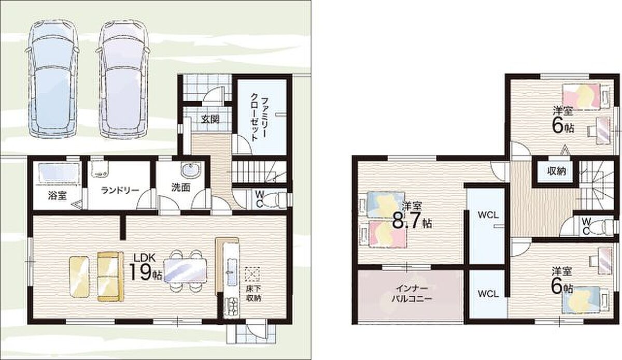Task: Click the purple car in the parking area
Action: (x=123, y=79)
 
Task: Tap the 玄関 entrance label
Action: (x=210, y=119)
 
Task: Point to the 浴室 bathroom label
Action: (x=57, y=196)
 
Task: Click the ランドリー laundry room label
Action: (x=120, y=190)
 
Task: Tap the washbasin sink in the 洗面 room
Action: (x=191, y=170)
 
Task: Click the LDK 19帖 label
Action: (x=145, y=267)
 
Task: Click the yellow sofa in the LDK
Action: (x=111, y=276)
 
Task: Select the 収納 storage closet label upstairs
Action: (x=557, y=171)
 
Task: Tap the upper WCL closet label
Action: (x=488, y=215)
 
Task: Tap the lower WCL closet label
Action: (x=488, y=294)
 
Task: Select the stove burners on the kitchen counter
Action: (x=231, y=306)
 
